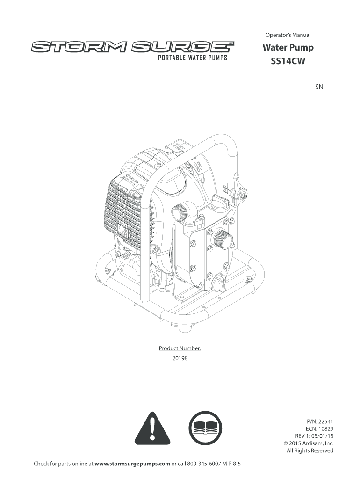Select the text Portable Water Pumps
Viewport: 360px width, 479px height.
tap(192, 58)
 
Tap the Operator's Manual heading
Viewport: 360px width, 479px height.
tap(288, 35)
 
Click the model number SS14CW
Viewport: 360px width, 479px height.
tap(288, 61)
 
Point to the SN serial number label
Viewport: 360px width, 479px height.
tap(319, 87)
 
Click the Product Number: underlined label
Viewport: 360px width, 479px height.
tap(180, 348)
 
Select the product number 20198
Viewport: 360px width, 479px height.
tap(180, 358)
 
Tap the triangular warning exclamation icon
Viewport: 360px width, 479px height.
tap(152, 428)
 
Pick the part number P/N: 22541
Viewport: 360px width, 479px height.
tap(318, 421)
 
